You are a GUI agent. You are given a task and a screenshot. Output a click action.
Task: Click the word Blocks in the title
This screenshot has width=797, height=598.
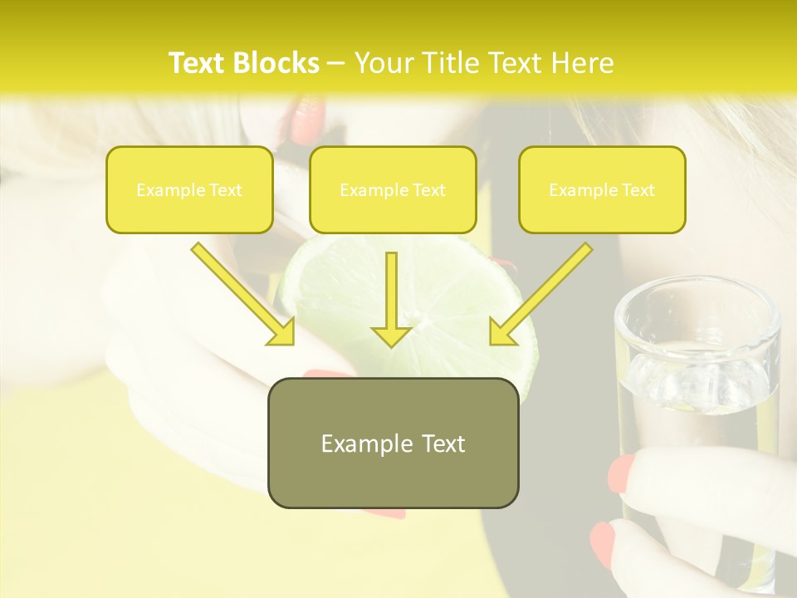pos(276,63)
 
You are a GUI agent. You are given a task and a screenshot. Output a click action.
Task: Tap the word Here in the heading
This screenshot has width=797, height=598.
pos(582,63)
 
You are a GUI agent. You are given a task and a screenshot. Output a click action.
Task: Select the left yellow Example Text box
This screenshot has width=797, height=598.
pos(189,189)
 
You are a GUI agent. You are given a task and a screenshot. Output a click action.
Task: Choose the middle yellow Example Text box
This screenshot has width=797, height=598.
pos(393,189)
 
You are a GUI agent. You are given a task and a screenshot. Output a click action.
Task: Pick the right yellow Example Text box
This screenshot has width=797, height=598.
pos(602,189)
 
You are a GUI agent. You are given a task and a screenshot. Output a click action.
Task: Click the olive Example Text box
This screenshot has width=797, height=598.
pos(393,443)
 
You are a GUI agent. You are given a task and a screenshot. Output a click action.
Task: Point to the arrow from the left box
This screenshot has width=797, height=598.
pos(243,294)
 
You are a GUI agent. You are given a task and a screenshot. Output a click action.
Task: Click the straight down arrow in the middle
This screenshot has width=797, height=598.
pos(391,299)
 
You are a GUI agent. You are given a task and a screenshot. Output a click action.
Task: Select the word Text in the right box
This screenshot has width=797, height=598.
pos(638,189)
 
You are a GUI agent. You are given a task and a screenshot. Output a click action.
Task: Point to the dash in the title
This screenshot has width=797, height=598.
pos(336,63)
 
